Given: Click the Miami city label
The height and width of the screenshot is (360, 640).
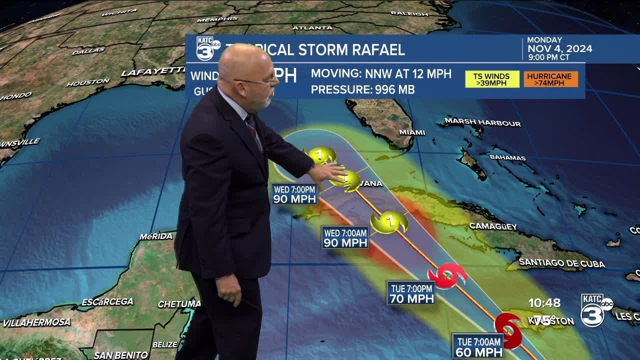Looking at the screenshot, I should click(x=412, y=132).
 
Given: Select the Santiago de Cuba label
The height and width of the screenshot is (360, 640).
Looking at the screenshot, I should click(x=561, y=263).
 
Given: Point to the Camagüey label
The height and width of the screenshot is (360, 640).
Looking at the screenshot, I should click(x=492, y=226).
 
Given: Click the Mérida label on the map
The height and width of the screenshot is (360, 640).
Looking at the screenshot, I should click(x=156, y=236).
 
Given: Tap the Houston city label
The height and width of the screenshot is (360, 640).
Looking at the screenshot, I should click(x=88, y=82).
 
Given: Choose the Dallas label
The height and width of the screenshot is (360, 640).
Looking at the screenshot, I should click(x=88, y=51).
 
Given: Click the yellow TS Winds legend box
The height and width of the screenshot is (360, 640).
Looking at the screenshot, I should click(x=492, y=79).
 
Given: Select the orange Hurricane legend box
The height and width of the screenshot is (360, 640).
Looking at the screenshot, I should click(x=550, y=79).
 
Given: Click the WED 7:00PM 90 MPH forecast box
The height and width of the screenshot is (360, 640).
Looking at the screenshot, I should click(x=295, y=194).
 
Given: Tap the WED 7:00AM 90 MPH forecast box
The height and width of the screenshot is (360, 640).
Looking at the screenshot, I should click(x=345, y=237).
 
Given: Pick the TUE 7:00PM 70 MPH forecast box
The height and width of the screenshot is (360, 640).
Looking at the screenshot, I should click(x=411, y=293).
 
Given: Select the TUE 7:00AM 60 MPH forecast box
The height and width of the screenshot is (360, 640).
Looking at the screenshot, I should click(x=478, y=346).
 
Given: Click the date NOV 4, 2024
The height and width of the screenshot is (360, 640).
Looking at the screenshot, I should click(x=560, y=49).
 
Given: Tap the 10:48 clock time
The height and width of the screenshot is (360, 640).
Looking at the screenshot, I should click(x=544, y=303).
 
